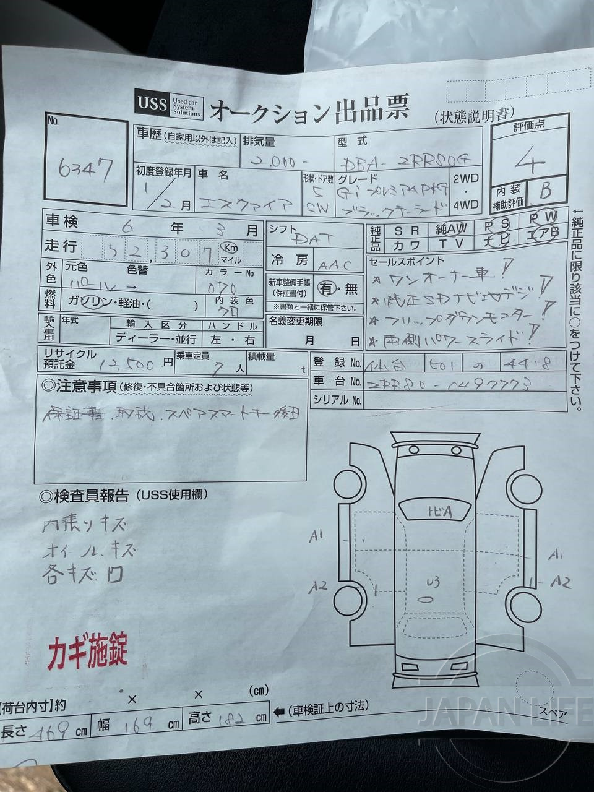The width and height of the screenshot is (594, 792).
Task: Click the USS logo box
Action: tap(152, 103)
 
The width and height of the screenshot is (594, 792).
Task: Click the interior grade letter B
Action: tap(545, 190)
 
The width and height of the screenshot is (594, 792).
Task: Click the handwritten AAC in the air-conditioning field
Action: tap(334, 265)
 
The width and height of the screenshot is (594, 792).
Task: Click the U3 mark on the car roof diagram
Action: tap(433, 582)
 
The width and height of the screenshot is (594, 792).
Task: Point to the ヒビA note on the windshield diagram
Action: tap(439, 511)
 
